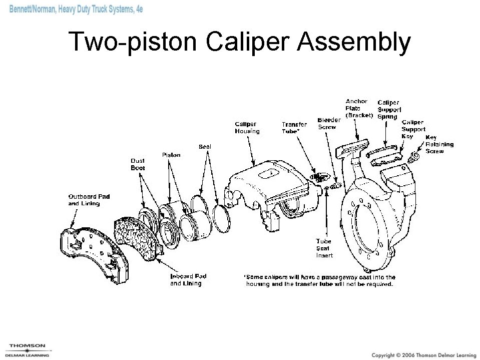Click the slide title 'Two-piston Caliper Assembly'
pyautogui.click(x=239, y=42)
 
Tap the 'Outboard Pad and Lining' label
pyautogui.click(x=89, y=200)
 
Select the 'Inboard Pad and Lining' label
pyautogui.click(x=188, y=279)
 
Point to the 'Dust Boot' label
pyautogui.click(x=138, y=164)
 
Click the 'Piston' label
pyautogui.click(x=171, y=155)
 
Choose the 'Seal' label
pyautogui.click(x=205, y=147)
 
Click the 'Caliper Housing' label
pyautogui.click(x=247, y=128)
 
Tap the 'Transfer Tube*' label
pyautogui.click(x=294, y=128)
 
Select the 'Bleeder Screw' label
pyautogui.click(x=329, y=124)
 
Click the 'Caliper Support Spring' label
pyautogui.click(x=389, y=109)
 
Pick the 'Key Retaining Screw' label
pyautogui.click(x=439, y=144)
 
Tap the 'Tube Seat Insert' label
pyautogui.click(x=324, y=248)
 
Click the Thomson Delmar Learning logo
pyautogui.click(x=28, y=349)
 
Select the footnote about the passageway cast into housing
pyautogui.click(x=320, y=280)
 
